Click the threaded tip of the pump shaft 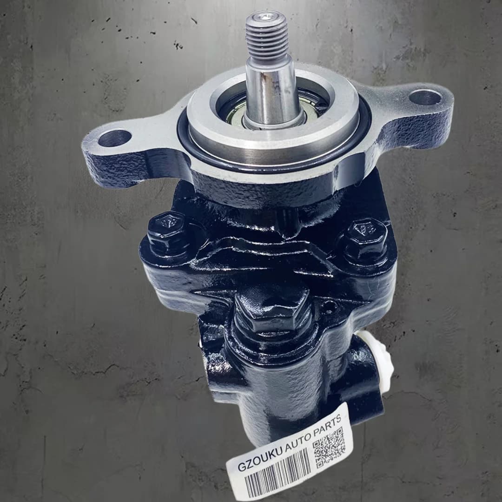coord(267,35)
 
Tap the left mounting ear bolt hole coord(115,138)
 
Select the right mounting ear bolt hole coord(425,97)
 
